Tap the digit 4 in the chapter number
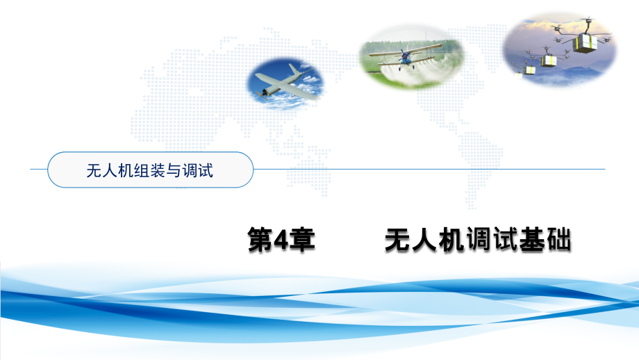point(281,240)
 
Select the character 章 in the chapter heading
point(301,240)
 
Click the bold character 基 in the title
point(531,239)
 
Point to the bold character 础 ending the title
point(558,239)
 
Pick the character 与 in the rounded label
point(173,170)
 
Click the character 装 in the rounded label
point(157,170)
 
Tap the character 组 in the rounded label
point(142,170)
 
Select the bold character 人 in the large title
point(424,239)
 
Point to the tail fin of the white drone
point(295,69)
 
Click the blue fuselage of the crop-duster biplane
point(405,58)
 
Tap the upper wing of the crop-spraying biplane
point(406,50)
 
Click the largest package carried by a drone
point(585,42)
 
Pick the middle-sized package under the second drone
point(549,61)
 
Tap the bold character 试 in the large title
point(505,239)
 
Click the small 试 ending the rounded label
point(206,170)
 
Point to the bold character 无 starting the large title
point(398,239)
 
